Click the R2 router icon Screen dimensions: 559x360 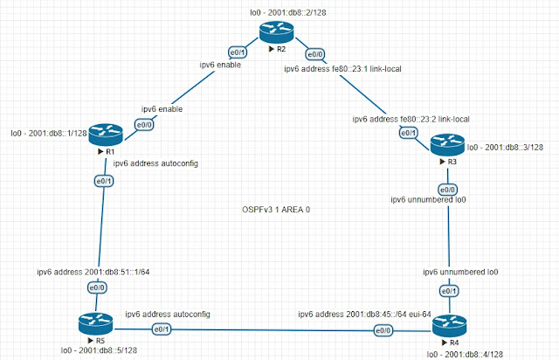(276, 31)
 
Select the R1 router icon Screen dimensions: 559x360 (106, 135)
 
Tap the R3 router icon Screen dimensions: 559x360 (447, 144)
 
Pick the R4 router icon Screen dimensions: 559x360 (450, 326)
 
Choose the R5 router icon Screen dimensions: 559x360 (95, 323)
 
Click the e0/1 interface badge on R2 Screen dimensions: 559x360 (238, 52)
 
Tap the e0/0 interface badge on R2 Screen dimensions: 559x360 (315, 54)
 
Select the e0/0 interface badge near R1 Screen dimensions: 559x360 (144, 125)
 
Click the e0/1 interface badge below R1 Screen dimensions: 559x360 (104, 181)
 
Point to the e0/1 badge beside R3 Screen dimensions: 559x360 (408, 133)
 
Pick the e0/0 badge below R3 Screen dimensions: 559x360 (447, 190)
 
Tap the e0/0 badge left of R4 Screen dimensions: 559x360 (383, 331)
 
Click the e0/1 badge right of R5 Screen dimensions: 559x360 (162, 329)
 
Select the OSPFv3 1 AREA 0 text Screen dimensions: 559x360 (276, 210)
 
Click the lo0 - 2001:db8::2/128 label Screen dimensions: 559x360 (288, 13)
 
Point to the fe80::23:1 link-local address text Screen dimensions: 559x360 (367, 69)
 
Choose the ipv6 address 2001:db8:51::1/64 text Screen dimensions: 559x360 (93, 272)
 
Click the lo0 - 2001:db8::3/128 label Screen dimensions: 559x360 (505, 148)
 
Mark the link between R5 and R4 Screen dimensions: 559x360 (273, 330)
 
